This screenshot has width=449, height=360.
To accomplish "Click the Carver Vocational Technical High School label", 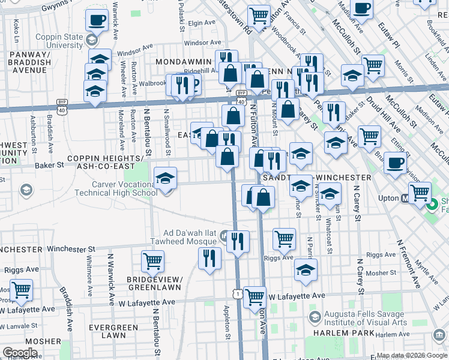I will click(x=116, y=188).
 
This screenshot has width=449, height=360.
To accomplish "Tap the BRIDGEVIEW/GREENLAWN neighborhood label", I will click(x=154, y=283).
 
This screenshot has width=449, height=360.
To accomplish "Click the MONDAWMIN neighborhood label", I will click(x=184, y=62).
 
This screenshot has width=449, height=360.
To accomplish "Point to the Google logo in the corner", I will click(x=20, y=353).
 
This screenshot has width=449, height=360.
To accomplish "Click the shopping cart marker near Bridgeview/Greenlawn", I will click(x=152, y=261).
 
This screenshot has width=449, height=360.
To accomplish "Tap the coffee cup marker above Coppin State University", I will click(x=96, y=20).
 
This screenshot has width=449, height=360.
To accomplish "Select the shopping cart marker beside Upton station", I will click(x=419, y=193).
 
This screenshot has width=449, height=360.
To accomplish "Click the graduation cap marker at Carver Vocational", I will click(x=165, y=178).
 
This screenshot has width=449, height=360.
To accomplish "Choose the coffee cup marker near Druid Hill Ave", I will click(x=394, y=163).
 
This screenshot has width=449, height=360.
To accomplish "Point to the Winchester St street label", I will click(x=71, y=248).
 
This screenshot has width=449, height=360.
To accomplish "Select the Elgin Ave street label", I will click(x=201, y=23).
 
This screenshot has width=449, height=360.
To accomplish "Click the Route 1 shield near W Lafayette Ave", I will click(x=238, y=293).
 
